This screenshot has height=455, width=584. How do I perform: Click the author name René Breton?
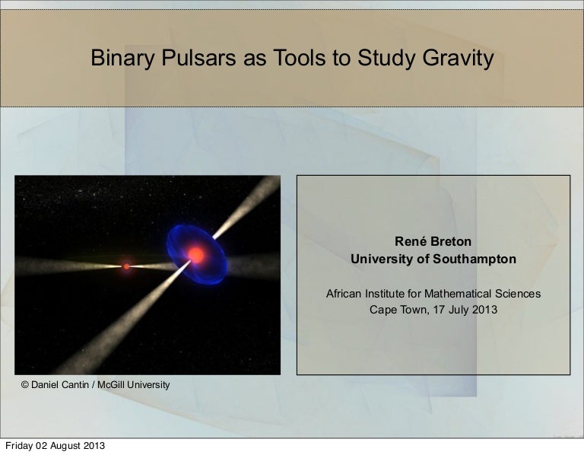click(433, 241)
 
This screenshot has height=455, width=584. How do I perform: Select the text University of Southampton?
click(433, 259)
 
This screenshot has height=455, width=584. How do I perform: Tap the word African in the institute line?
click(345, 294)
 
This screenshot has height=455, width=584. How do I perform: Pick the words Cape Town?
click(394, 310)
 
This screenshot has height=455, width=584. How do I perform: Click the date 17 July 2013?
click(461, 310)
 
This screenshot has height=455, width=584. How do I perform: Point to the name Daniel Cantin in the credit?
click(61, 385)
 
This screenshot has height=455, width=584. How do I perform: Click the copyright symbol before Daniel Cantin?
click(25, 385)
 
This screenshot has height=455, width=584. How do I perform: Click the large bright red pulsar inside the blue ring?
click(195, 255)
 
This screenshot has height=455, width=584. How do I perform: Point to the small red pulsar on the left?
click(126, 266)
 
